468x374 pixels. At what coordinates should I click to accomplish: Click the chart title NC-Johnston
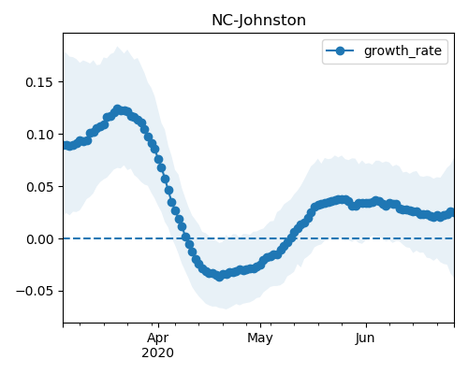tap(258, 21)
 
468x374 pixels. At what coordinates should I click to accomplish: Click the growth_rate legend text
tap(402, 50)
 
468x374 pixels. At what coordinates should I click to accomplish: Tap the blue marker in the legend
tap(340, 50)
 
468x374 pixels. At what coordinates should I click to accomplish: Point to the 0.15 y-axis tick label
tap(39, 82)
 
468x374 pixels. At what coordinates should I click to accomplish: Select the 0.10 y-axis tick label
tap(39, 135)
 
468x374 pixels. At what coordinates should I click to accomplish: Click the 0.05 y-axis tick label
tap(39, 187)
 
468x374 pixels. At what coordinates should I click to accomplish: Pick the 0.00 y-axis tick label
tap(39, 239)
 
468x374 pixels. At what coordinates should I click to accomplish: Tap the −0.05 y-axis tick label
tap(35, 292)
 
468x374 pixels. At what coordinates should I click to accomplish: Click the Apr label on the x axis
tap(158, 338)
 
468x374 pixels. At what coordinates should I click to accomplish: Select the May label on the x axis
tap(260, 338)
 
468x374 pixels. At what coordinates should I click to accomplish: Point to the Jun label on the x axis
tap(365, 338)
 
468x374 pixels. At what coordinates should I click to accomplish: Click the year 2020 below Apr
tap(158, 353)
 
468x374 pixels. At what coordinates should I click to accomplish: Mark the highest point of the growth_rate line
tap(117, 109)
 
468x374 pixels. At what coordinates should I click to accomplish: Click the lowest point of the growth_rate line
tap(220, 277)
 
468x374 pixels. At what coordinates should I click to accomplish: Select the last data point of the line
tap(450, 212)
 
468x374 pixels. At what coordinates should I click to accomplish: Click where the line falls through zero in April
tap(186, 238)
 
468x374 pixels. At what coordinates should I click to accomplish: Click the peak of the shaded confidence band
tap(117, 47)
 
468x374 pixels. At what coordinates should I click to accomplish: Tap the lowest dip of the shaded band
tap(226, 309)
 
